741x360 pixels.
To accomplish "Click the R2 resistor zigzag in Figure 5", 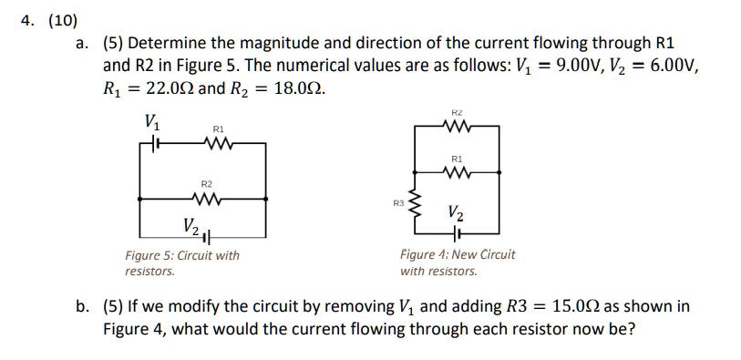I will point(207,197).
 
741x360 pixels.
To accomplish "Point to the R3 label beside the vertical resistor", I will point(396,201).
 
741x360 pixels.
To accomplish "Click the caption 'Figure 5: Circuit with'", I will point(182,255).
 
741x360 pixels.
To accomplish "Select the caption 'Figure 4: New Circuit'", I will point(458,254).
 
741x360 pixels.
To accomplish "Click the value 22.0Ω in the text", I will point(167,90).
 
